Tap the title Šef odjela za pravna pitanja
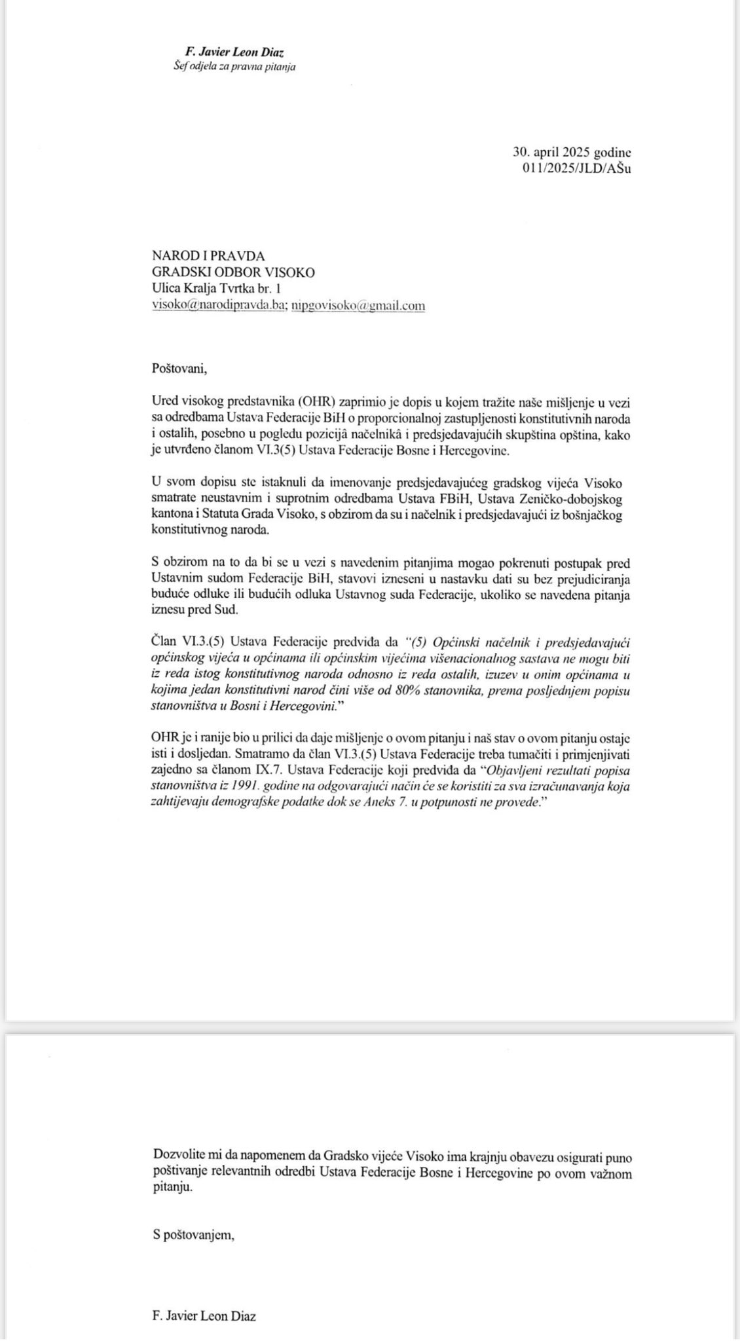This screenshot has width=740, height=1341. [234, 66]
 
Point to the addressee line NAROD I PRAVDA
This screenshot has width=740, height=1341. [208, 257]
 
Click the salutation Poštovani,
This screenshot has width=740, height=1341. [179, 368]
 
